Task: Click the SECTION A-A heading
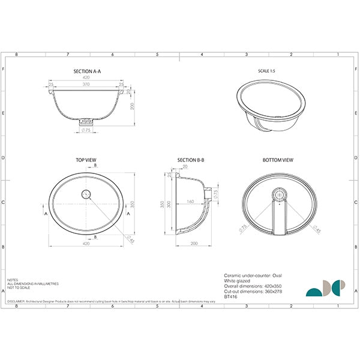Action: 88,71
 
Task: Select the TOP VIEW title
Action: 86,160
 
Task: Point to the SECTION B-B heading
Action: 191,160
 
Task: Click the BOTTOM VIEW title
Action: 277,160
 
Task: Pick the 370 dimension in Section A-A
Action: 88,86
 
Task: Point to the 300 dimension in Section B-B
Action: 169,204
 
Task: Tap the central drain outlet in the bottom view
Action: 278,194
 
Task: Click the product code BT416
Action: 229,295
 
